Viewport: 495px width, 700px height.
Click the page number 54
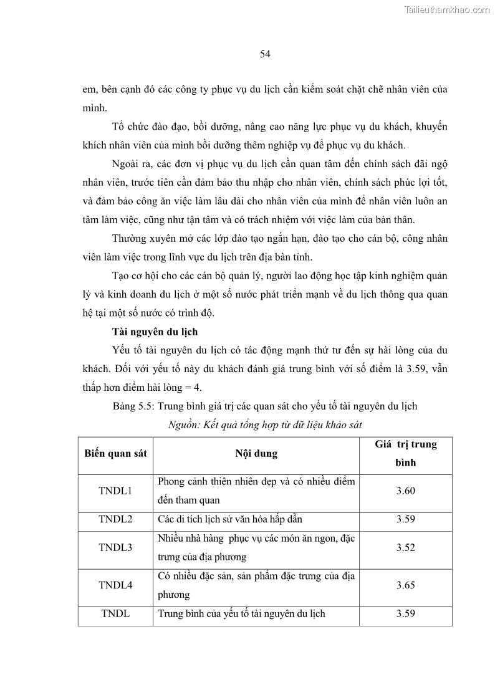point(265,54)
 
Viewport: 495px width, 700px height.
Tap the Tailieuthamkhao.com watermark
point(447,9)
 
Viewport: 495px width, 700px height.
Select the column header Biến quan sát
point(116,453)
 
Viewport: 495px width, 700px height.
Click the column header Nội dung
point(256,453)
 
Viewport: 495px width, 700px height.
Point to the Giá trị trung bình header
point(405,453)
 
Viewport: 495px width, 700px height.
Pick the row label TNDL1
point(116,491)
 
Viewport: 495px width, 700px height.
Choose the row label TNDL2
point(116,519)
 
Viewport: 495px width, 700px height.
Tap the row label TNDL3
point(116,547)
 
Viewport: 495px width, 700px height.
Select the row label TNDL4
point(116,585)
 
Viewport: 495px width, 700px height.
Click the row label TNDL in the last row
point(116,613)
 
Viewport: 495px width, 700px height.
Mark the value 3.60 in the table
point(405,491)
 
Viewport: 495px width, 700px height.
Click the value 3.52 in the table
point(405,547)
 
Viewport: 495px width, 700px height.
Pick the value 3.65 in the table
point(405,585)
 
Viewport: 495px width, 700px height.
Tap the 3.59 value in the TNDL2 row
point(405,519)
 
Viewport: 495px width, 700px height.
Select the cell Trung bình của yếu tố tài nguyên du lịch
point(242,613)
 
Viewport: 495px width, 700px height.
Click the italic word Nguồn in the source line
point(183,424)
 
